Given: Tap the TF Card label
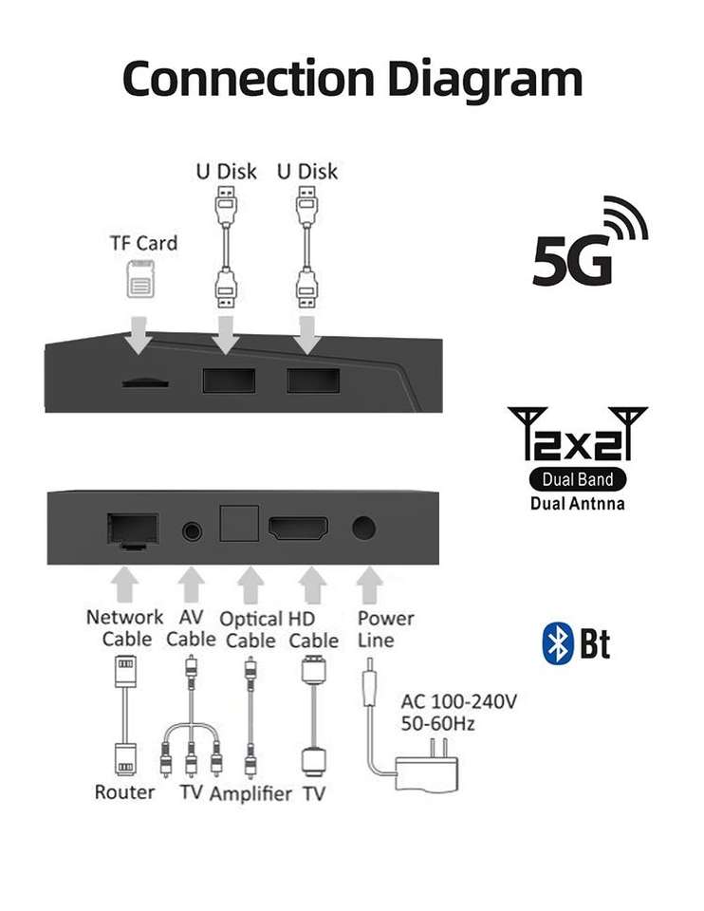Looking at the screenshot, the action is coord(143,243).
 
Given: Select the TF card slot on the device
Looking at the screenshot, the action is coord(145,383).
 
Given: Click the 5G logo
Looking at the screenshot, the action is coord(588,245).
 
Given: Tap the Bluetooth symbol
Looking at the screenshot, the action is coord(558,644).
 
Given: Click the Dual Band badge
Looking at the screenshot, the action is coord(578,479).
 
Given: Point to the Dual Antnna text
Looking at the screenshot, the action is coord(578,503).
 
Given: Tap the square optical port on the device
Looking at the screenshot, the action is coord(239,523).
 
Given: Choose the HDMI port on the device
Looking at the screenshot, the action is coord(299,529).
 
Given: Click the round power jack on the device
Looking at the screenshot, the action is coord(364,527).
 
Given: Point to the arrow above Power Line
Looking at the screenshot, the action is coord(371,585).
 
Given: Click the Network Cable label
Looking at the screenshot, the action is coord(124,628).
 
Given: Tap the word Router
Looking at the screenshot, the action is coord(124,791).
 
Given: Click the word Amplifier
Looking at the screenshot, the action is coord(250,793).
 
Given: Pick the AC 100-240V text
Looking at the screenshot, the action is coord(458,703).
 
